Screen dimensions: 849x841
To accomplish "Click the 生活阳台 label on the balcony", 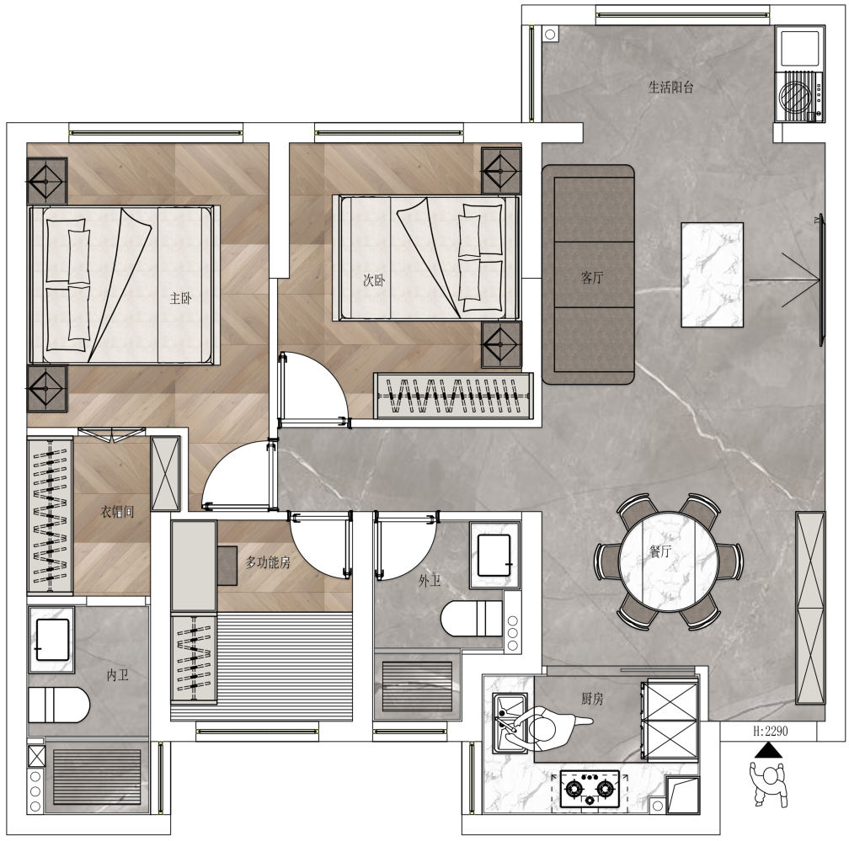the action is (670, 87).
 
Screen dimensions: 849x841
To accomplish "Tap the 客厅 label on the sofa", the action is (592, 278).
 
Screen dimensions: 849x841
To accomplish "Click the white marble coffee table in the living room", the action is (712, 274).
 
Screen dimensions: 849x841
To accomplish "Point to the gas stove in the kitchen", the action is (590, 789).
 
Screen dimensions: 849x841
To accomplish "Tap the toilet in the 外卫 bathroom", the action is (472, 619).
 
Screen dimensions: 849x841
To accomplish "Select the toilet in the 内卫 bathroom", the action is (58, 705).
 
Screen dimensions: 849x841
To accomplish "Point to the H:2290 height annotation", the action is (771, 731).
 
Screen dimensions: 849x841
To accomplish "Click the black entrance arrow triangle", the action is (769, 750).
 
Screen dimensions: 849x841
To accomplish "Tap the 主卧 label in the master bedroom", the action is (180, 298).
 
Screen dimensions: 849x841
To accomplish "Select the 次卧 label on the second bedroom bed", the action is (374, 280).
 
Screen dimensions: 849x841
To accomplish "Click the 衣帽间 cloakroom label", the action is (117, 512).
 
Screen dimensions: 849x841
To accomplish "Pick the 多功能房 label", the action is (268, 563).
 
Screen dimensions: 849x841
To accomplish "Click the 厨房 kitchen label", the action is (592, 699).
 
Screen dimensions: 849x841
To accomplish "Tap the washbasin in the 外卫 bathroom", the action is (494, 555).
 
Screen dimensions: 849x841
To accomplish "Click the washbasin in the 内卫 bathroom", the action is (51, 640).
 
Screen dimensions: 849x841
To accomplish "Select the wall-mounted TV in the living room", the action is (821, 279).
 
